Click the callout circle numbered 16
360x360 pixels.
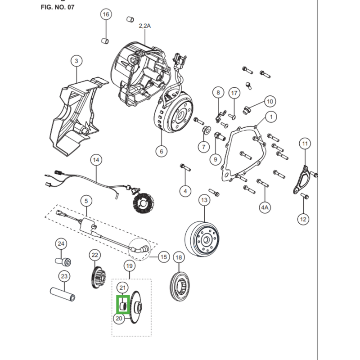point(106,14)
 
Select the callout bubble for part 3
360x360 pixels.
point(76,61)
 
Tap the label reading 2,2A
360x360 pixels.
point(144,26)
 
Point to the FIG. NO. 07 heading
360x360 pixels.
point(58,7)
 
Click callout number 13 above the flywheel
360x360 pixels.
point(204,200)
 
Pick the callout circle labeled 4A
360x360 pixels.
point(265,207)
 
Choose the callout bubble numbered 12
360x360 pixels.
point(303,219)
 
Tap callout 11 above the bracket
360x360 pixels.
point(305,144)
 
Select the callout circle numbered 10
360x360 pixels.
point(270,102)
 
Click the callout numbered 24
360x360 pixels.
point(61,243)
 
